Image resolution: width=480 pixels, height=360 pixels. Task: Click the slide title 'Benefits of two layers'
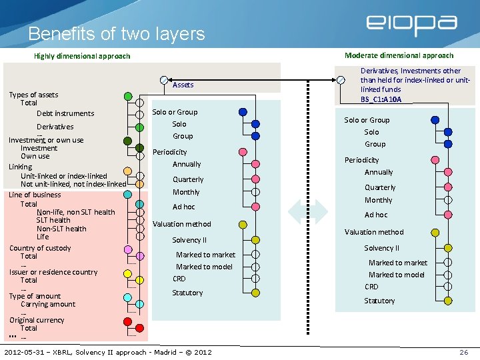pyautogui.click(x=117, y=33)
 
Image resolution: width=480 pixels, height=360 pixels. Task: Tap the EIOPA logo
pyautogui.click(x=411, y=25)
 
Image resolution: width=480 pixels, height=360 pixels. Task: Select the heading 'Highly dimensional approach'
pyautogui.click(x=82, y=56)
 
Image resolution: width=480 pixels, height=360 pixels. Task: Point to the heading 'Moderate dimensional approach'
pyautogui.click(x=399, y=55)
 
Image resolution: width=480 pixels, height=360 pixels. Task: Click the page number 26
pyautogui.click(x=463, y=351)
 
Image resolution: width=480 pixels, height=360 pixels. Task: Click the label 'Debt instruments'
pyautogui.click(x=65, y=113)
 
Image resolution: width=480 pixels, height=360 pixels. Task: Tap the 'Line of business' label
pyautogui.click(x=35, y=195)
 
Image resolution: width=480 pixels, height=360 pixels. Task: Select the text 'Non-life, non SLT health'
pyautogui.click(x=75, y=212)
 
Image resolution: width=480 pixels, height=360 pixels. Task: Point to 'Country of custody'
pyautogui.click(x=40, y=248)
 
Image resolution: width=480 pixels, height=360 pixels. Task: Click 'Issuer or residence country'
pyautogui.click(x=53, y=272)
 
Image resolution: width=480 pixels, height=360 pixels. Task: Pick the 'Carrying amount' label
pyautogui.click(x=48, y=304)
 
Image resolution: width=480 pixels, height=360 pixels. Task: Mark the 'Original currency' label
pyautogui.click(x=37, y=320)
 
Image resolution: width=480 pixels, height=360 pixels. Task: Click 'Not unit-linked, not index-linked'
pyautogui.click(x=73, y=184)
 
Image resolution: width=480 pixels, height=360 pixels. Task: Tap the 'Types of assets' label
pyautogui.click(x=33, y=95)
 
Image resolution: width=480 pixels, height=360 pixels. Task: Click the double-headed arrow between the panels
pyautogui.click(x=308, y=211)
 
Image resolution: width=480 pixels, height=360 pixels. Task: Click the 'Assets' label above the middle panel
pyautogui.click(x=183, y=85)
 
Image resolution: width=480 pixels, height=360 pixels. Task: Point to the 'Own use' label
pyautogui.click(x=35, y=156)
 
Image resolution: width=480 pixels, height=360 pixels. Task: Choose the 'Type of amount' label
pyautogui.click(x=35, y=296)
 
